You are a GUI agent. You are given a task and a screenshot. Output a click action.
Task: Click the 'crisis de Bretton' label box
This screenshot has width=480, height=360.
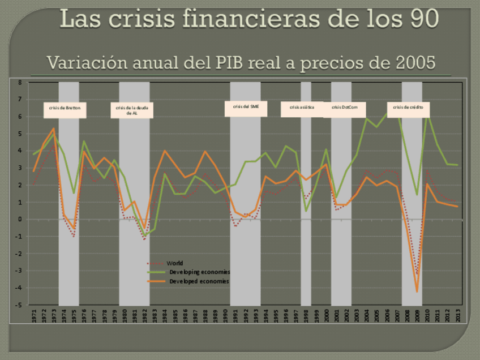[x=65, y=110]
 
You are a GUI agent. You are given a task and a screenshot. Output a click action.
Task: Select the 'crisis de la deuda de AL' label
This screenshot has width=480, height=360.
[x=132, y=110]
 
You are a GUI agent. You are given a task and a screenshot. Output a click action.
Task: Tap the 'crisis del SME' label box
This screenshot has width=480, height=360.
[x=246, y=108]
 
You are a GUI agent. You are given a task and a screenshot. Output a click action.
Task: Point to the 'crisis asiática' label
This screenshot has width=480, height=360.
[x=302, y=109]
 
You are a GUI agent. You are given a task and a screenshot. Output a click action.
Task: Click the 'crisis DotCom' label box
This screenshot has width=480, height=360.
[x=344, y=109]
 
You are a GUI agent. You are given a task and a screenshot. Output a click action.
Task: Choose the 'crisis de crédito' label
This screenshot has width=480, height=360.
[x=408, y=109]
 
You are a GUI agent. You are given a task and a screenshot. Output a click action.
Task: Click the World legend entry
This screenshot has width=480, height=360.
[x=174, y=263]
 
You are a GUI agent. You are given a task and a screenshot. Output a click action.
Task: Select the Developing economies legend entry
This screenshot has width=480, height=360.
[x=199, y=272]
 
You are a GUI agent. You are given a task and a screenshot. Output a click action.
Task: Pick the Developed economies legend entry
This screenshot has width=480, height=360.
[x=199, y=281]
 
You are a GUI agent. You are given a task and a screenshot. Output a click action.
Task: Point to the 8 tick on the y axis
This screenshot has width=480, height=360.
[x=19, y=83]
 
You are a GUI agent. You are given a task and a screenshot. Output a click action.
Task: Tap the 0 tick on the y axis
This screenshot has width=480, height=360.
[x=19, y=220]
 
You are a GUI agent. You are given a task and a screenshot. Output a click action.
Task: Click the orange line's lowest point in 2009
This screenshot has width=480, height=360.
[x=417, y=292]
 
